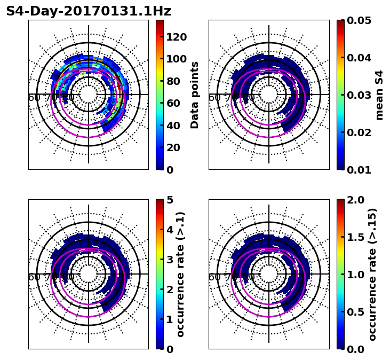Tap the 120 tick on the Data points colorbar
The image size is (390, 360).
click(177, 37)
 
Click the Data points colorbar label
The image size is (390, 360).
click(195, 95)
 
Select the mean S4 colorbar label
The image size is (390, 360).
click(379, 95)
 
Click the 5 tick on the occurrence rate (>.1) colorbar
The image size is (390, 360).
click(170, 200)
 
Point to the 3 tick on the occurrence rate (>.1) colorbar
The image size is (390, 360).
click(170, 260)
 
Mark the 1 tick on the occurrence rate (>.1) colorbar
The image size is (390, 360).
click(170, 319)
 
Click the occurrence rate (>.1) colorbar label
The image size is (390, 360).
click(180, 274)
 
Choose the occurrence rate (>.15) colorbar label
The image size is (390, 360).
click(372, 274)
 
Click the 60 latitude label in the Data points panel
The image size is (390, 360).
click(34, 98)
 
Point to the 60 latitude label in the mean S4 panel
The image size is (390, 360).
click(214, 98)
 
